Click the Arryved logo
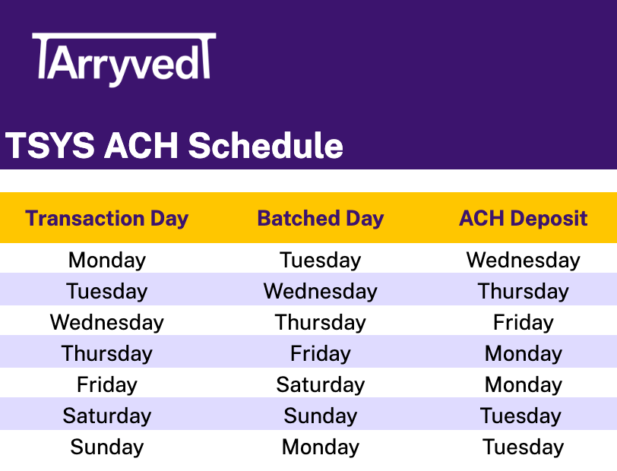(x=124, y=59)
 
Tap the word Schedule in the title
(x=266, y=146)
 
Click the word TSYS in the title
(x=49, y=146)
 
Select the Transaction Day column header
(x=106, y=218)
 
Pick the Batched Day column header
(x=321, y=218)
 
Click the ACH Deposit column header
(x=523, y=218)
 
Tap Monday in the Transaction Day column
(x=107, y=261)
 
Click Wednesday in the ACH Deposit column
(x=523, y=261)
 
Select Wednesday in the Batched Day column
(x=321, y=292)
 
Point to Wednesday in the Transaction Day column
(x=106, y=323)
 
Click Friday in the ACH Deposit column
(x=523, y=323)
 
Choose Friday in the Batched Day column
(x=321, y=354)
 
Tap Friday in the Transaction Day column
(x=107, y=385)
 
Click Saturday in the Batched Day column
(x=321, y=385)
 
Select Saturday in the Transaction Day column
(x=107, y=416)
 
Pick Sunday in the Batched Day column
(x=321, y=416)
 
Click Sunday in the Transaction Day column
(x=107, y=447)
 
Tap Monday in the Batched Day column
(x=321, y=447)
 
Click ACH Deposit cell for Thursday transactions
(x=523, y=354)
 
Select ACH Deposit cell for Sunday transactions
(x=523, y=447)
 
